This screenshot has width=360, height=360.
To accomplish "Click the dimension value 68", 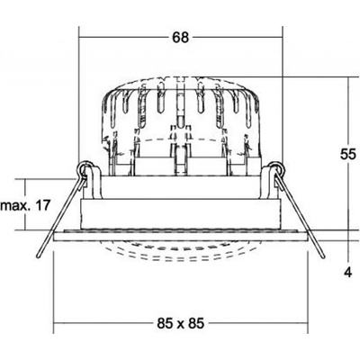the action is coord(181,38).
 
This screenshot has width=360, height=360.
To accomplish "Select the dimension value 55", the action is coord(348,155).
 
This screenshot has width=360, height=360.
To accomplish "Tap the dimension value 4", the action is coord(348,273).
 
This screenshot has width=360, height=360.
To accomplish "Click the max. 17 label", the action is coord(24,206).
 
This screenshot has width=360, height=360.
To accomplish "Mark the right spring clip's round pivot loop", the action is coord(276,167).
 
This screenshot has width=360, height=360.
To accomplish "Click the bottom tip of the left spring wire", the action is coord(38,256).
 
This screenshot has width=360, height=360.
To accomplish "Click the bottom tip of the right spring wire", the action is coord(323,256).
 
